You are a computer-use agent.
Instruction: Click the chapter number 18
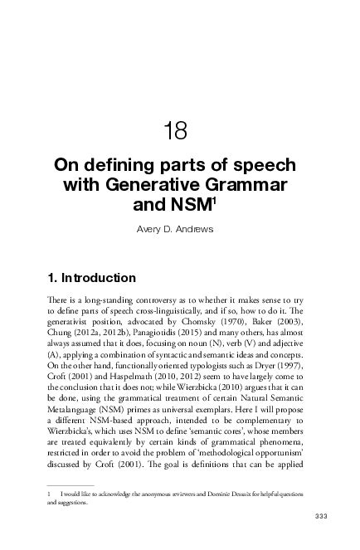pyautogui.click(x=176, y=130)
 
